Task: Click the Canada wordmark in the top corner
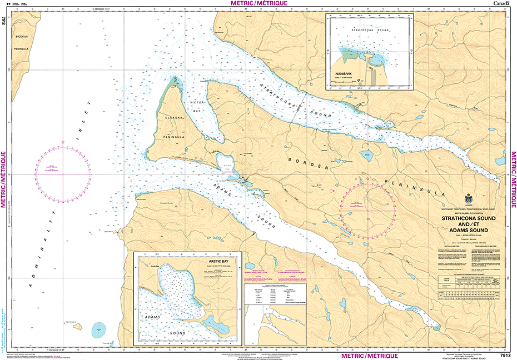click(x=502, y=4)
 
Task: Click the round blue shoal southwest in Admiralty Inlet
click(x=98, y=329)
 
